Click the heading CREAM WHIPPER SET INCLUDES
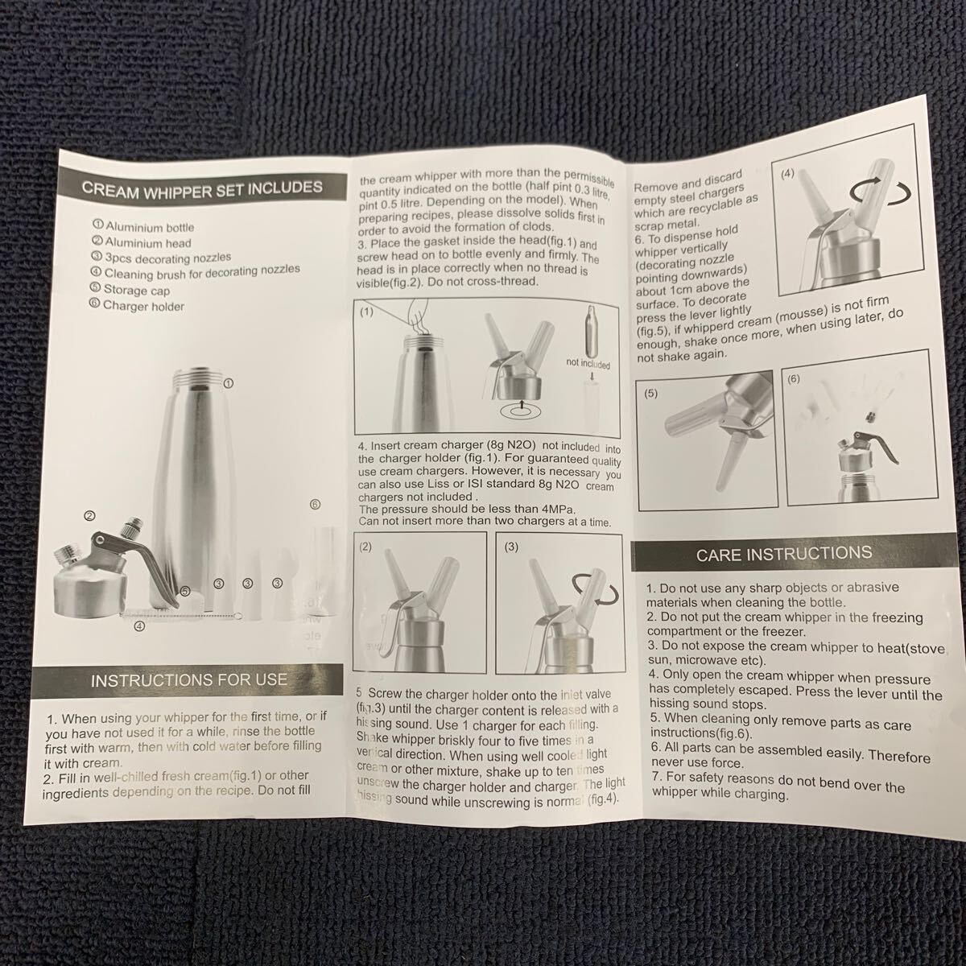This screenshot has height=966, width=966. [202, 189]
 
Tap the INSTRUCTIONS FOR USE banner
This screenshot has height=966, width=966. [189, 680]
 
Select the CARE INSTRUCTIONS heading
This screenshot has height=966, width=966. [784, 554]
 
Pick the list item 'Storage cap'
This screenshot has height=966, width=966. [130, 290]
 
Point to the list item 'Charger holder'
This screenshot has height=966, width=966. [137, 305]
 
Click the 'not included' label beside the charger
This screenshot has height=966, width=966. [588, 363]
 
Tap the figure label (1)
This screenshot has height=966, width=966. [366, 312]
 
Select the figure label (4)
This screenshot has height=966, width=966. [787, 173]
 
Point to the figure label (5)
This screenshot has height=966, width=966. [650, 394]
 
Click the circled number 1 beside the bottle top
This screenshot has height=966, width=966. [228, 383]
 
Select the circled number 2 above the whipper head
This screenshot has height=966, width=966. [89, 515]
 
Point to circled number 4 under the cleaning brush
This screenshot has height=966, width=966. [140, 625]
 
